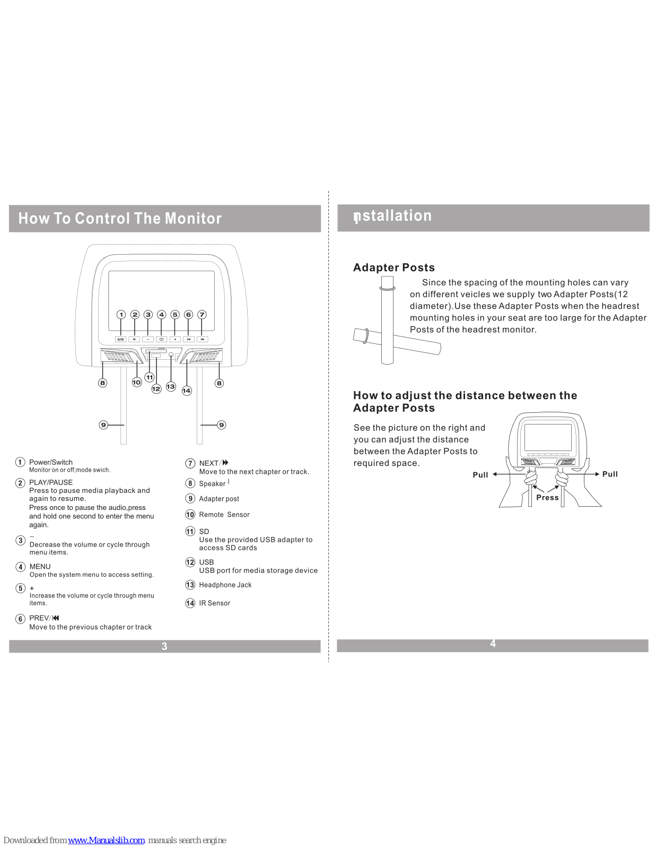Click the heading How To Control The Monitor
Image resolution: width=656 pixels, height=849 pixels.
(x=120, y=219)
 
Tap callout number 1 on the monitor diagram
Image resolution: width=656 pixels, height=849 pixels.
(x=121, y=315)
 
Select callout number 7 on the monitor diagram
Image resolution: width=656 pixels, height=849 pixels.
(x=202, y=315)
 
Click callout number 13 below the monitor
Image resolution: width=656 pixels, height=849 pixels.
(x=171, y=386)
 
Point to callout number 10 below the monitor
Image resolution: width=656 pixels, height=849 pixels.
(x=137, y=382)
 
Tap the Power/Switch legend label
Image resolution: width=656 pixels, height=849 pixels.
(x=51, y=462)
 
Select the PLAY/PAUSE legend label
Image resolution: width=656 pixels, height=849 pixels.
(x=51, y=482)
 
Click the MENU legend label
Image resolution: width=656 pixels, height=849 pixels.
(x=40, y=567)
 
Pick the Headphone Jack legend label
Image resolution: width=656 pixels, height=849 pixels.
(x=225, y=585)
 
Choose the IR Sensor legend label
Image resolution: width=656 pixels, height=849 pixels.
(x=215, y=603)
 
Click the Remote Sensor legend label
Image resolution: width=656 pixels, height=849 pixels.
(x=224, y=515)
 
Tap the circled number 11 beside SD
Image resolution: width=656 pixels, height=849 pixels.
(x=190, y=531)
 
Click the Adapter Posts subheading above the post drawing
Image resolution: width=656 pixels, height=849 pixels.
(x=394, y=267)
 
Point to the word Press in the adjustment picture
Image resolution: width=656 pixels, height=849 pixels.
(x=547, y=498)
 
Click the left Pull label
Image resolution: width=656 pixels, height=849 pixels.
(x=480, y=475)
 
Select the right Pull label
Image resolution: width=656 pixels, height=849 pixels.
(x=610, y=474)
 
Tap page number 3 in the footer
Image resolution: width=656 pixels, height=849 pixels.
(x=164, y=646)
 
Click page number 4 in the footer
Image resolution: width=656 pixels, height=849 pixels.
(x=493, y=644)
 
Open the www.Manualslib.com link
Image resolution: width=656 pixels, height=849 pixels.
(x=106, y=840)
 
